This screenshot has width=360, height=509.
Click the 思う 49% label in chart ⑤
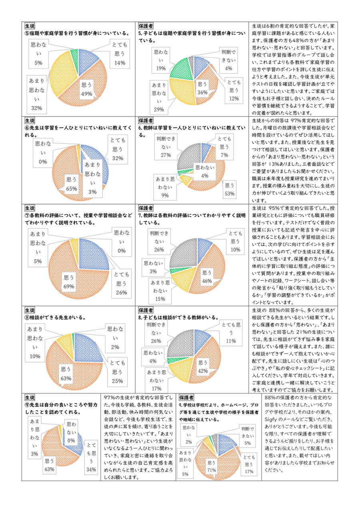tap(87, 89)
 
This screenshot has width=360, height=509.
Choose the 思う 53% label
tap(229, 190)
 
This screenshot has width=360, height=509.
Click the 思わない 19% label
tap(160, 60)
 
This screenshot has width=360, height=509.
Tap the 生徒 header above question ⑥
tap(30, 120)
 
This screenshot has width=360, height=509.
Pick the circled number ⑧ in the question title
tap(27, 317)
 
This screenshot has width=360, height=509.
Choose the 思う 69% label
tap(69, 281)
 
